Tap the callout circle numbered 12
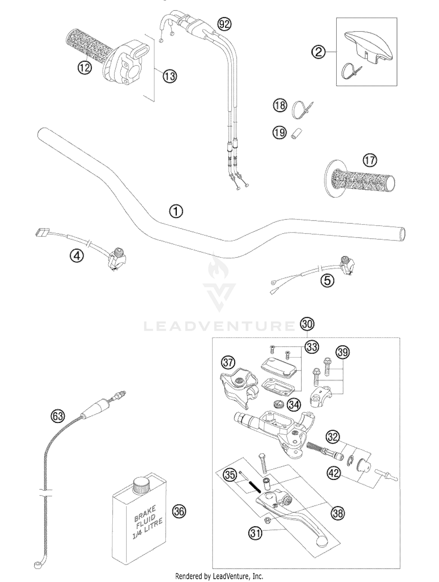pos(85,68)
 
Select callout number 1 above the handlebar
pos(176,211)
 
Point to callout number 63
pos(58,416)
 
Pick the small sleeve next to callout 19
pos(296,133)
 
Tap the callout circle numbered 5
pos(327,281)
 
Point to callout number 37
pos(228,363)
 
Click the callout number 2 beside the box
pos(318,52)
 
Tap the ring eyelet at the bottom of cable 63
pos(37,565)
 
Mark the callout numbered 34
pos(294,405)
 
